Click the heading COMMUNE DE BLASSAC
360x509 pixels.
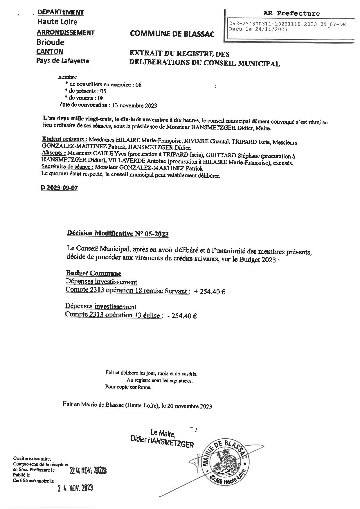tap(172, 34)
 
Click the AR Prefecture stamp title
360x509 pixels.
tap(291, 13)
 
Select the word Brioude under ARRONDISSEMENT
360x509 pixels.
tap(50, 42)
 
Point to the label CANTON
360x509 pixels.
tap(50, 52)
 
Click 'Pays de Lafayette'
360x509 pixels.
tap(62, 61)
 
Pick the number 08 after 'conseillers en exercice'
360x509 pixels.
tap(138, 85)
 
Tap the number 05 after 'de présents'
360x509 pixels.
tap(103, 91)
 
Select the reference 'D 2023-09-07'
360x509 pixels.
tap(59, 188)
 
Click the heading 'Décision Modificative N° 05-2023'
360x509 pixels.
tap(118, 233)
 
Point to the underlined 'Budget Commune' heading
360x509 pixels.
tap(93, 273)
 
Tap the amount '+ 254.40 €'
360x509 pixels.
tap(210, 292)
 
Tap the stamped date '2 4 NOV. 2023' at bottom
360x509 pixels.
tap(75, 488)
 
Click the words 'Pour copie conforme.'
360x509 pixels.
tap(128, 387)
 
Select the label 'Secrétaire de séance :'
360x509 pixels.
tap(67, 168)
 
